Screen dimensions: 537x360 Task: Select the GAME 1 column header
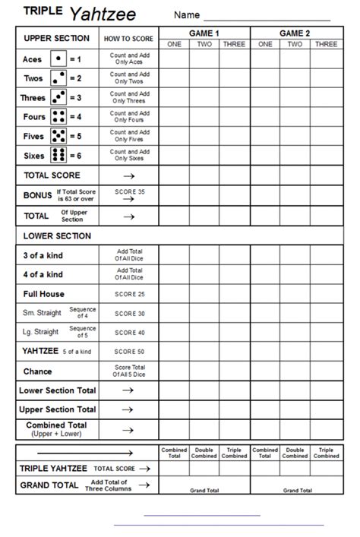point(204,33)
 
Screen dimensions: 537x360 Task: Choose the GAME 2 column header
point(295,33)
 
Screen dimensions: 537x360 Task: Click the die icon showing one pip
point(58,59)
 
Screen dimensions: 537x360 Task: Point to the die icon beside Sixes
point(58,156)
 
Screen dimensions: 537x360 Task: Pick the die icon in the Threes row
point(58,98)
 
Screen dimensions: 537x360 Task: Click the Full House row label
point(44,294)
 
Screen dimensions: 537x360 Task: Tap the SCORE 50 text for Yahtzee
point(128,352)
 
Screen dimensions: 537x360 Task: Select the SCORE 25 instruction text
point(128,294)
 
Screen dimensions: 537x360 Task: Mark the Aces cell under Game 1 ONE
point(174,59)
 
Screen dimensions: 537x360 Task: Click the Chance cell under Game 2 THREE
point(326,371)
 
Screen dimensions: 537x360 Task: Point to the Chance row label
point(38,371)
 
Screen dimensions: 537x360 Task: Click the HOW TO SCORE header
point(128,39)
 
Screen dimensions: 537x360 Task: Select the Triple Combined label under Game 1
point(234,453)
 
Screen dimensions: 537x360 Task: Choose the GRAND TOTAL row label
point(49,485)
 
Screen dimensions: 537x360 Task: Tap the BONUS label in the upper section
point(37,195)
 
